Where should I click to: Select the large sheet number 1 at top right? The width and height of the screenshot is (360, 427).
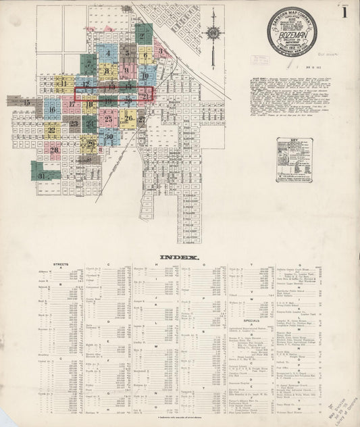point(344,11)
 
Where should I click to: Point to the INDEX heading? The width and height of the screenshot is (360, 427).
point(179,257)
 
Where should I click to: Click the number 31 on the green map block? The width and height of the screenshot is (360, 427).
point(42,176)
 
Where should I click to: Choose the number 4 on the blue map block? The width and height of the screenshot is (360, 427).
point(107,53)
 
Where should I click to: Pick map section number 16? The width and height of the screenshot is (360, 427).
point(51,109)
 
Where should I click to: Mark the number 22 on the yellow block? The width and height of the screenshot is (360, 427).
point(51,126)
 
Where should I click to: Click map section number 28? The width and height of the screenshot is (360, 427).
point(54,150)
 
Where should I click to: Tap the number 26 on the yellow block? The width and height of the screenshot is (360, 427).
point(128,118)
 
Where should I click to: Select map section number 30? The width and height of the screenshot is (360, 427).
point(109,136)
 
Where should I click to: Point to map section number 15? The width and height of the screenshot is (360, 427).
point(27,103)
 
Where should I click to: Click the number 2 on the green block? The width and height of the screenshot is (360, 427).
point(143,36)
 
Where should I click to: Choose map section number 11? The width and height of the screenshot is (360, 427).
point(63,84)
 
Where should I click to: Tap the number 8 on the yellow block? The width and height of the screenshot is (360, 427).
point(107,68)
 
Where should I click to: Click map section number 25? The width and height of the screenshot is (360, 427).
point(108,119)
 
